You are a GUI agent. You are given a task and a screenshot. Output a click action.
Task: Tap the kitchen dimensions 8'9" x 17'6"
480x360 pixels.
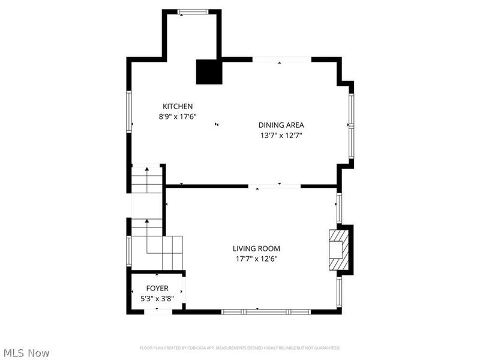click(x=178, y=116)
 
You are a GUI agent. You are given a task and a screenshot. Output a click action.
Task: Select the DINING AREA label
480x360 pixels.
click(x=281, y=125)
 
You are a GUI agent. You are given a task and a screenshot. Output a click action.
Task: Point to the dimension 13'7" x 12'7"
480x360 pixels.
click(x=281, y=135)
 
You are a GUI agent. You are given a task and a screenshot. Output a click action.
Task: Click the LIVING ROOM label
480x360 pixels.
click(x=256, y=248)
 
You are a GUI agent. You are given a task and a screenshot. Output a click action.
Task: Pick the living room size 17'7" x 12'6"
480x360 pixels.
click(x=256, y=259)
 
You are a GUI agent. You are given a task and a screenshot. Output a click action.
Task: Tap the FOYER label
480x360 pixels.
click(x=157, y=289)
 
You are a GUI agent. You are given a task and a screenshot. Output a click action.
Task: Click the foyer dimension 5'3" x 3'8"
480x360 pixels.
click(x=157, y=298)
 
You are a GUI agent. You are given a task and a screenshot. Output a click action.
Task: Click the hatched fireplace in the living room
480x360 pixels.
click(x=337, y=250)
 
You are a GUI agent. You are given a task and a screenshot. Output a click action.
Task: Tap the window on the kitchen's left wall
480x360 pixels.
click(x=128, y=111)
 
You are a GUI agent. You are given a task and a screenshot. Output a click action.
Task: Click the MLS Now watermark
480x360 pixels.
click(x=26, y=353)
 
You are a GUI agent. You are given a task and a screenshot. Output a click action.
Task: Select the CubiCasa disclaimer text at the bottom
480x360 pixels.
click(x=240, y=348)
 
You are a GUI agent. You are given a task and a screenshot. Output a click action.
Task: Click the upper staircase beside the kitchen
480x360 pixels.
click(x=147, y=179)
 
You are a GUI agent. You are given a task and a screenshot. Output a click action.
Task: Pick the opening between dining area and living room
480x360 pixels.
click(x=275, y=186)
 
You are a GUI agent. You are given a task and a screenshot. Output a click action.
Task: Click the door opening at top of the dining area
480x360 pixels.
click(x=281, y=59)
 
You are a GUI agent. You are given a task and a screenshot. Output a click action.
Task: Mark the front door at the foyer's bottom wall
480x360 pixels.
click(x=157, y=311)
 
